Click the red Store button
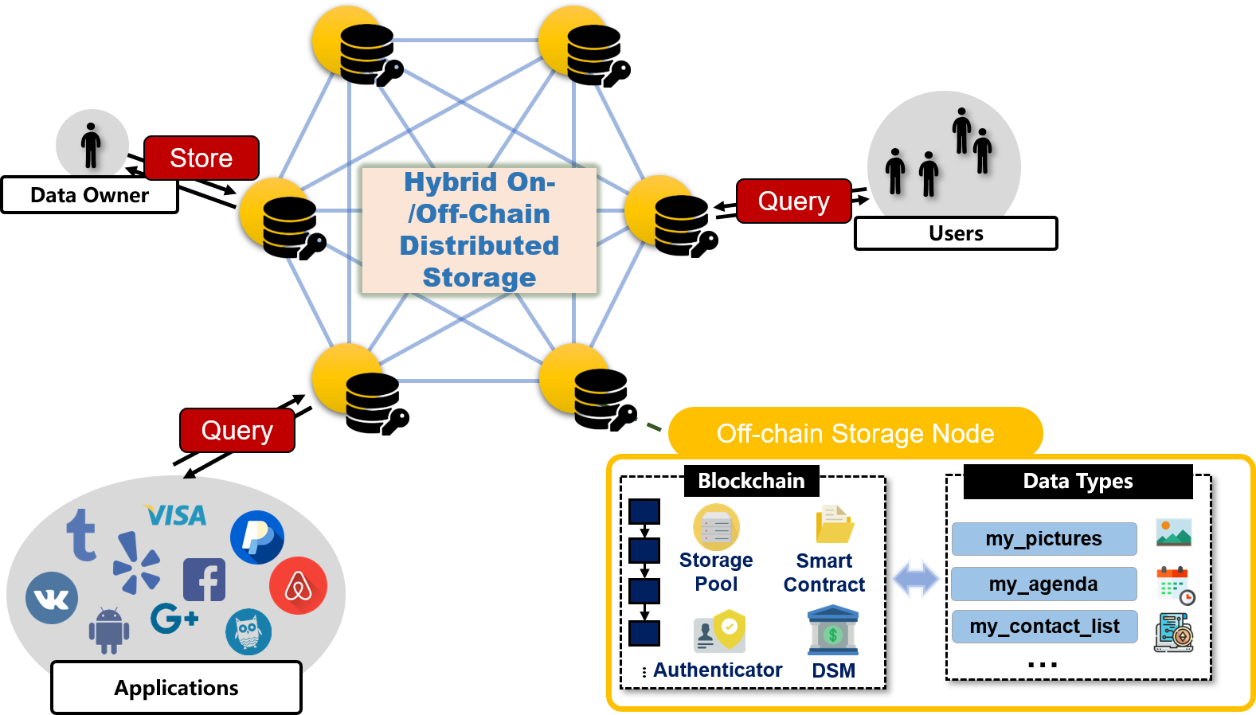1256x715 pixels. coord(201,158)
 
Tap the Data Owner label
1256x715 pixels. coord(89,195)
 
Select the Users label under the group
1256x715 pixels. coord(955,233)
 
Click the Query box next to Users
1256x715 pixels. coord(793,201)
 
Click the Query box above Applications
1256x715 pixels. coord(237,430)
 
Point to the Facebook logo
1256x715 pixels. coord(204,580)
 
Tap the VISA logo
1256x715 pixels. coord(176,516)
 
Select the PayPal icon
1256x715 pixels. coord(256,537)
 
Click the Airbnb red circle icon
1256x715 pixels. coord(298,586)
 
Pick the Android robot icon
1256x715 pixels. coord(108,630)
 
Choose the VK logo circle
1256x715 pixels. coord(52,598)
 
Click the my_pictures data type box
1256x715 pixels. coord(1043,539)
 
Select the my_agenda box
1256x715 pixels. coord(1043,584)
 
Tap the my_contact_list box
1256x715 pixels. coord(1044,627)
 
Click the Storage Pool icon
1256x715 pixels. coord(716,527)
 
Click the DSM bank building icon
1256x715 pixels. coord(832,631)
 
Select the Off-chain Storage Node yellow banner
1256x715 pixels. coord(855,433)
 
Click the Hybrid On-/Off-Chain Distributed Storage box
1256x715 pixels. coord(479,230)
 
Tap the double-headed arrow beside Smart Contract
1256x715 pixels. coord(915,578)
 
